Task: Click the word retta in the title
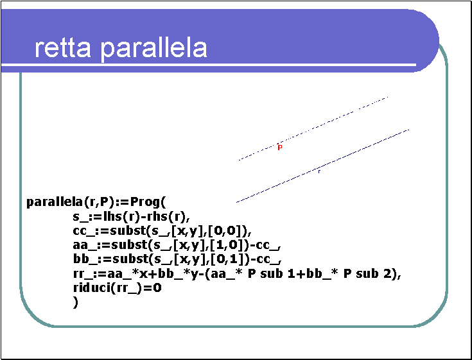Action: click(63, 48)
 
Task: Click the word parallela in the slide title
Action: click(153, 48)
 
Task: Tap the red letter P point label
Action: click(280, 148)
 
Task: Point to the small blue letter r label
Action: click(319, 171)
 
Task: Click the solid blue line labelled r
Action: click(322, 166)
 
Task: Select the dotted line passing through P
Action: click(313, 128)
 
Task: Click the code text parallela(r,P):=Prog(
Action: click(96, 202)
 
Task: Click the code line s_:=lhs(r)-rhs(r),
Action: click(131, 216)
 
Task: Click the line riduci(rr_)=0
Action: click(118, 288)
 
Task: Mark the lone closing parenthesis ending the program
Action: click(76, 302)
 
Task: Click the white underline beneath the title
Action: click(209, 65)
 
